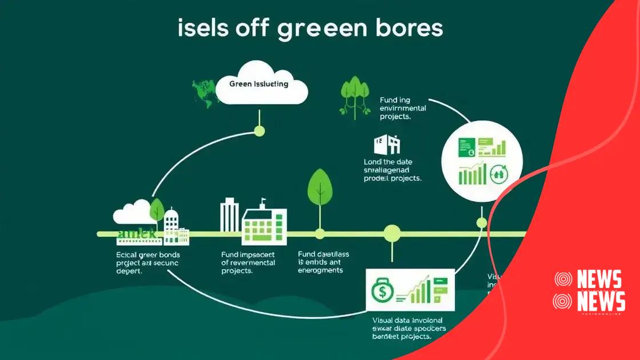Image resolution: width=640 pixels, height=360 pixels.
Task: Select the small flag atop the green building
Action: coord(263,202)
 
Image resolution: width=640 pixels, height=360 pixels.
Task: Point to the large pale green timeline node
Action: coord(392,233)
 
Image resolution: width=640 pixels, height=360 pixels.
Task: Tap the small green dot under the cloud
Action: coord(259,131)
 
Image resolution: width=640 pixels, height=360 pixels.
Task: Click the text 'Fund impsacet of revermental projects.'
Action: coord(247,262)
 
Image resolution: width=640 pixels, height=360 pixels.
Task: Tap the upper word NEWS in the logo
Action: coord(599,280)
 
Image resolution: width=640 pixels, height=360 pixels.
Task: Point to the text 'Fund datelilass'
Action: coord(323,254)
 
